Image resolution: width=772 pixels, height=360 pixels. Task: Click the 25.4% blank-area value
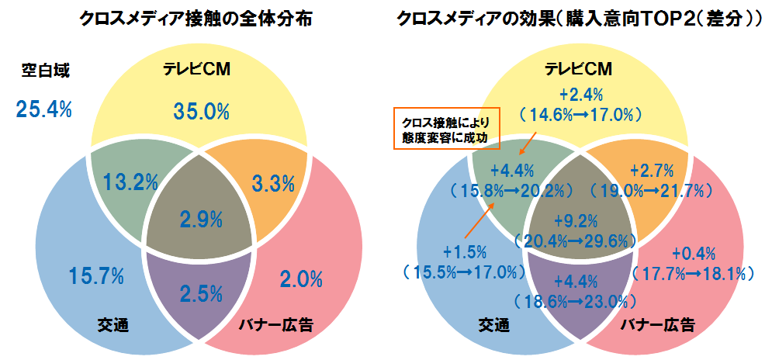(x=43, y=109)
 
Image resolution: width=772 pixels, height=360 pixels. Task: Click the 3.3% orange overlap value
(x=274, y=184)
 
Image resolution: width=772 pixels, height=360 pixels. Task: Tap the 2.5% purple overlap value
(x=201, y=293)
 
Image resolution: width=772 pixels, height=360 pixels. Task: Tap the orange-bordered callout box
(x=446, y=129)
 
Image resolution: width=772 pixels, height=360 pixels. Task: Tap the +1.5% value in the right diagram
(x=465, y=252)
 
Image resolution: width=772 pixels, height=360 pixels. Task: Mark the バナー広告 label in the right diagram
(x=658, y=324)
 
